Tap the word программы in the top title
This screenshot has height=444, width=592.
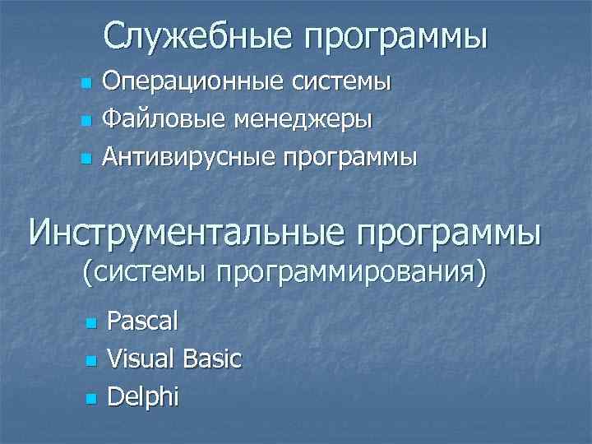click(x=395, y=37)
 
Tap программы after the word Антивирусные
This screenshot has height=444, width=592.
click(x=351, y=157)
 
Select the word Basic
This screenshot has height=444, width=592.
click(x=212, y=358)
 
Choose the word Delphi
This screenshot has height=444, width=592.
click(x=142, y=396)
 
